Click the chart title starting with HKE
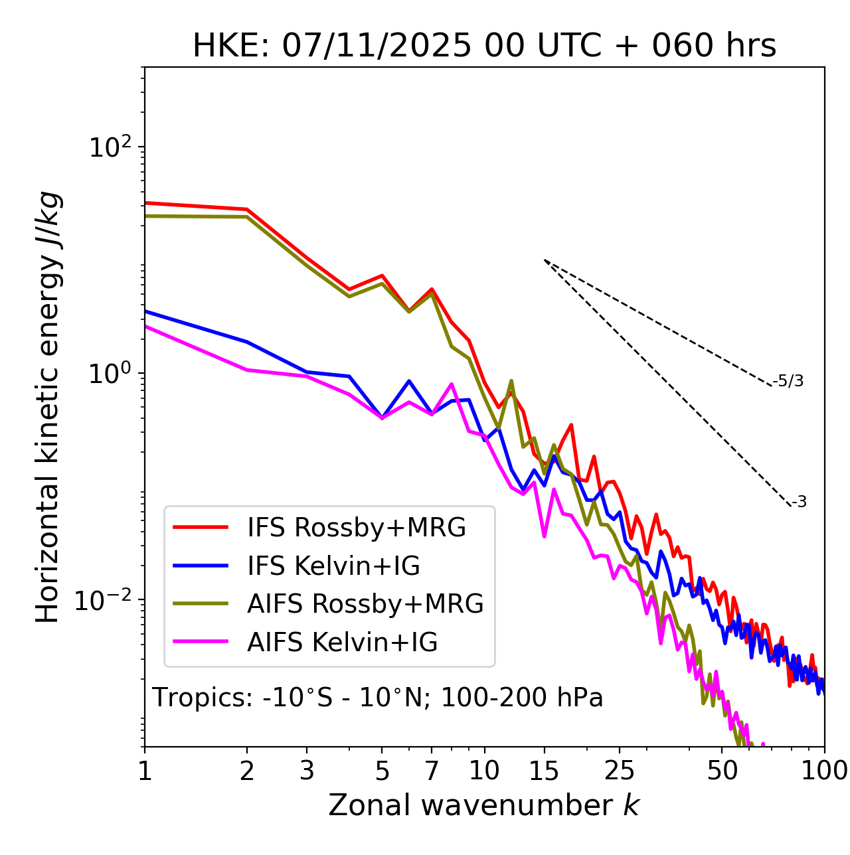pyautogui.click(x=484, y=46)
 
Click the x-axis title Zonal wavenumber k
pyautogui.click(x=483, y=805)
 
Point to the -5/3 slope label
pyautogui.click(x=788, y=381)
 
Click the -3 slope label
pyautogui.click(x=799, y=503)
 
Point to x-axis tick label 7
pyautogui.click(x=432, y=771)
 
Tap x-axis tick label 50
pyautogui.click(x=722, y=771)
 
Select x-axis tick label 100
pyautogui.click(x=824, y=771)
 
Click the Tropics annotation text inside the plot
pyautogui.click(x=378, y=698)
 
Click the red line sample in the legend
pyautogui.click(x=201, y=528)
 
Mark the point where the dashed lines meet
pyautogui.click(x=545, y=260)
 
